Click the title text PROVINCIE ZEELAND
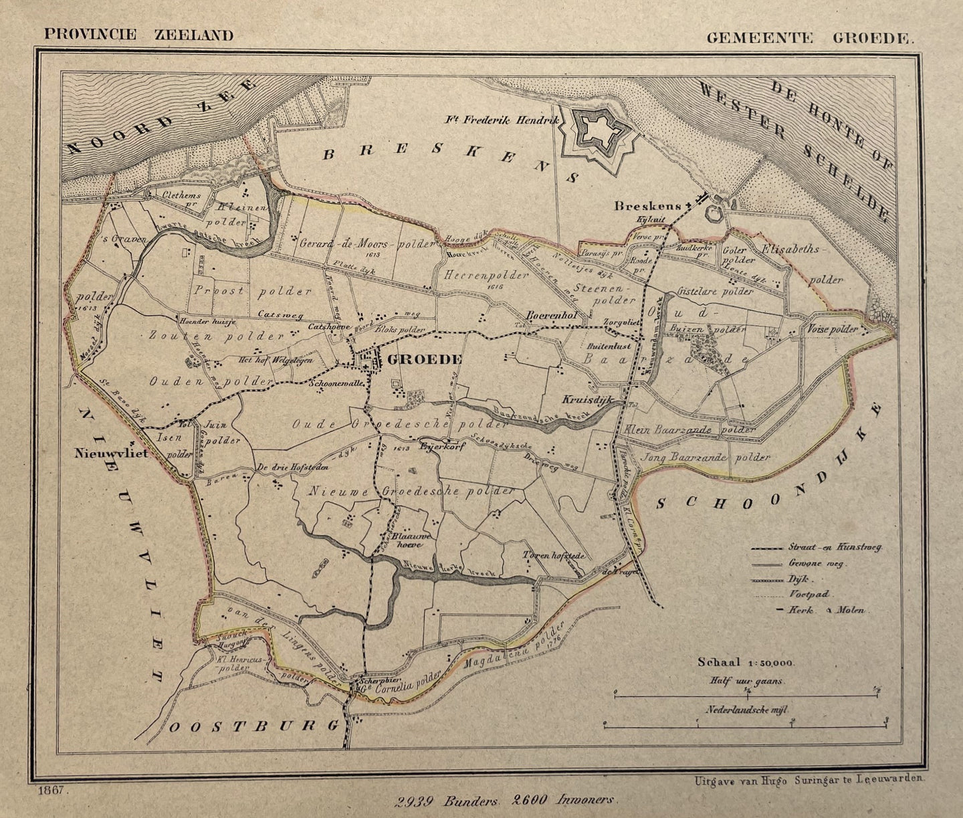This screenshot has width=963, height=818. point(138,35)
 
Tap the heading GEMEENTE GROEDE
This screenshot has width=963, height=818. point(809,37)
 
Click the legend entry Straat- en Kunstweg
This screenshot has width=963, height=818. point(835,547)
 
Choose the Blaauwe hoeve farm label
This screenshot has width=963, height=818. point(409,540)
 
